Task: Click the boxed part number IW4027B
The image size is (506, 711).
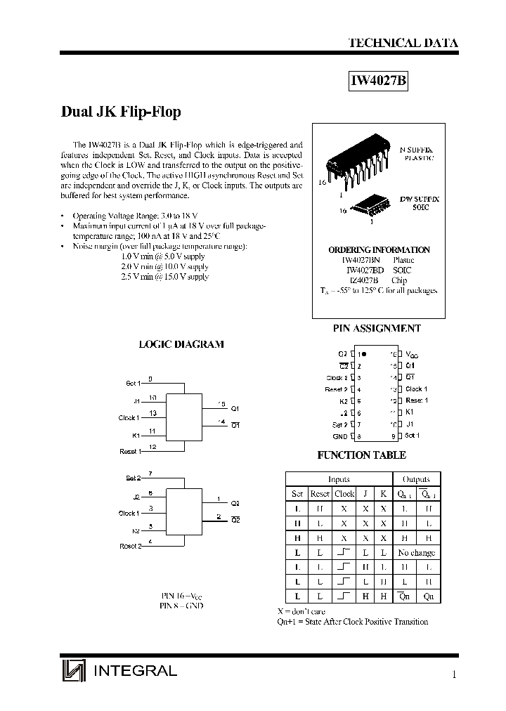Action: tap(378, 81)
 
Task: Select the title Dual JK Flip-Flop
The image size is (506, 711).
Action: tap(122, 112)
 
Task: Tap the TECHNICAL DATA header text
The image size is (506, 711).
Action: tap(403, 43)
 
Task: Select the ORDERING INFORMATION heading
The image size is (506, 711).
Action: tap(379, 250)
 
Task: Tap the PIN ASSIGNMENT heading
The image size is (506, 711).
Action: tap(376, 328)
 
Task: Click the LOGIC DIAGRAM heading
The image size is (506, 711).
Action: tap(181, 344)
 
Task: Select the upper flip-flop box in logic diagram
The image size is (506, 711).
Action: tap(183, 417)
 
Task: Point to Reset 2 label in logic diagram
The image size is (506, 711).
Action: tap(130, 546)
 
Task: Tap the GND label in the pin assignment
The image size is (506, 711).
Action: tap(340, 436)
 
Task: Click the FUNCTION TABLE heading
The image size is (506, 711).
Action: tap(363, 455)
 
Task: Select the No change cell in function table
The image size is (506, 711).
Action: tap(417, 553)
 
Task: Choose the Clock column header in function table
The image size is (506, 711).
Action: tap(344, 494)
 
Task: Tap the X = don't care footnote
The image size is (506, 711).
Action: tap(301, 611)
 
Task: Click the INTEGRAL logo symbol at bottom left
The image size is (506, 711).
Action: tap(73, 672)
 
